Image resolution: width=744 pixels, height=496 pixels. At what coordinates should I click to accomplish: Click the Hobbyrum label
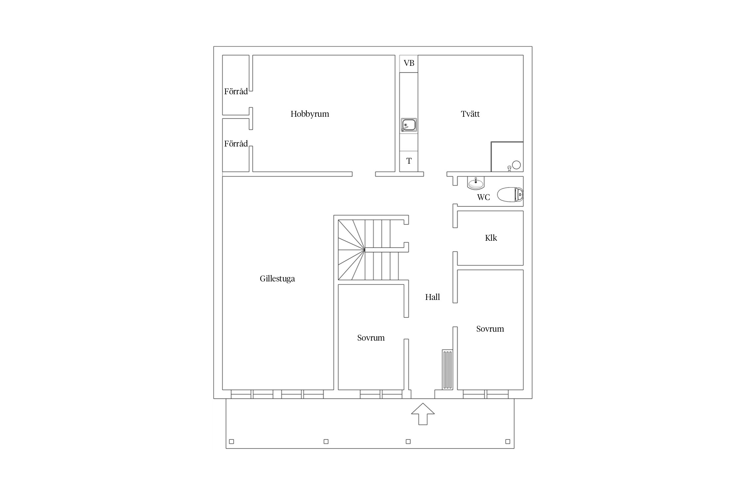(x=310, y=114)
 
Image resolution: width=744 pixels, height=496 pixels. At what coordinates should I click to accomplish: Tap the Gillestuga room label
(x=277, y=279)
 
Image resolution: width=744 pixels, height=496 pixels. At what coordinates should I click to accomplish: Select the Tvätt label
(x=470, y=114)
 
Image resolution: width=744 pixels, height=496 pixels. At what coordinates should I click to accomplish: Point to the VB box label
(x=409, y=63)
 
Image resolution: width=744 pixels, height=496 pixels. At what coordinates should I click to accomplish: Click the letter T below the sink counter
(x=409, y=161)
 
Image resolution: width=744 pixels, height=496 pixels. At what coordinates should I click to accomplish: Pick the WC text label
(x=483, y=197)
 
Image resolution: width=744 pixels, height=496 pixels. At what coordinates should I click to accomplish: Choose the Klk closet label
(x=491, y=238)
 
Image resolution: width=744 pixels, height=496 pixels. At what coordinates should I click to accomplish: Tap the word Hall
(x=433, y=297)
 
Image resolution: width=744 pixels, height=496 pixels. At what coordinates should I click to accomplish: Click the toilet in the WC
(x=510, y=195)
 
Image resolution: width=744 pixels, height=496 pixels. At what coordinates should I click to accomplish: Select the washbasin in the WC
(x=476, y=183)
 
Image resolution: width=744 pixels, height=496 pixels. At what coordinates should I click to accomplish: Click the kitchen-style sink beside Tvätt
(x=409, y=125)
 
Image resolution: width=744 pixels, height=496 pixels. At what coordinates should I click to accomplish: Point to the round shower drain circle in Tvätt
(x=517, y=165)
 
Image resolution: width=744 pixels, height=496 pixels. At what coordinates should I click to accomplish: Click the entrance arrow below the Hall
(x=423, y=414)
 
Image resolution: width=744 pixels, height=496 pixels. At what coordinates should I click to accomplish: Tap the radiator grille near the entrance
(x=447, y=369)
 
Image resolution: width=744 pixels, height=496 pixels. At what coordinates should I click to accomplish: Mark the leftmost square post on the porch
(x=231, y=441)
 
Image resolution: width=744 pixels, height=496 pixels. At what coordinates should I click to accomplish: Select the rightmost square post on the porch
(x=508, y=441)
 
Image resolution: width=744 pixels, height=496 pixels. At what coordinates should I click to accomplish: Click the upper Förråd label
(x=236, y=92)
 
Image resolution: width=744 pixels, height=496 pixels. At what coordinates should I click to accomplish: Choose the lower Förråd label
(x=236, y=144)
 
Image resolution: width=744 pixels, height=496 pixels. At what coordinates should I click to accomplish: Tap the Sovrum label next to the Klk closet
(x=490, y=329)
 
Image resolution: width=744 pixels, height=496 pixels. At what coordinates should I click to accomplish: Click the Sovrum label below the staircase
(x=371, y=338)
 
